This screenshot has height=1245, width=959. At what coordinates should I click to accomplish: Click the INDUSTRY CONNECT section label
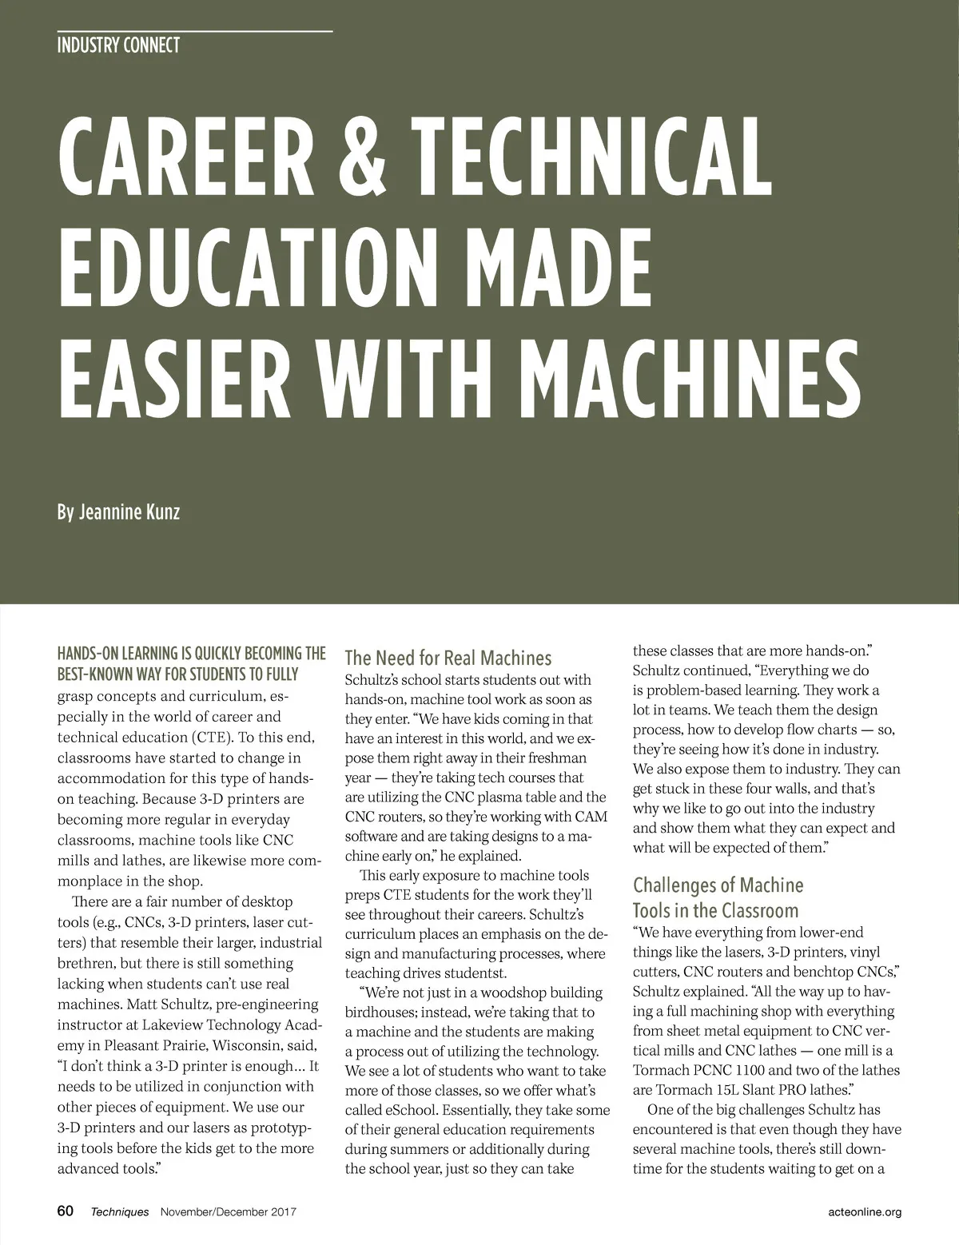118,46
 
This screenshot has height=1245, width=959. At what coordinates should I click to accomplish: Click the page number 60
66,1211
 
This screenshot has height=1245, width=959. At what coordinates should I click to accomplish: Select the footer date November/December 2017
229,1212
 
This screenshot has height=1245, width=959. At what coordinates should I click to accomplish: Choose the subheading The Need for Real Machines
448,658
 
